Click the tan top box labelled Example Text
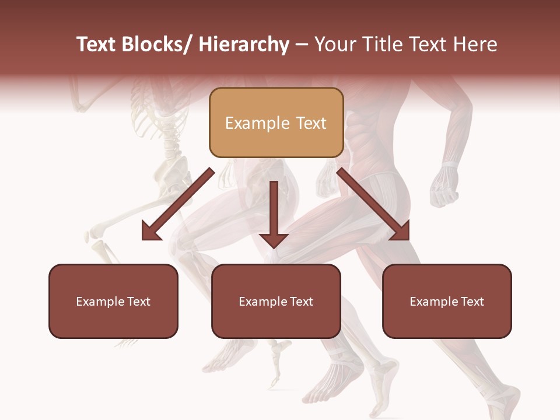[x=276, y=123]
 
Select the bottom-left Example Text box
[x=113, y=301]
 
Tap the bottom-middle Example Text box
[x=276, y=301]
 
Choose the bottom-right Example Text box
[x=447, y=301]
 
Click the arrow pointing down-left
[x=178, y=204]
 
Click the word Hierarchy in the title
[x=244, y=44]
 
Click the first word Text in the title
[x=97, y=44]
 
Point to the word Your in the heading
[x=335, y=44]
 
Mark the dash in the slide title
[x=302, y=45]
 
